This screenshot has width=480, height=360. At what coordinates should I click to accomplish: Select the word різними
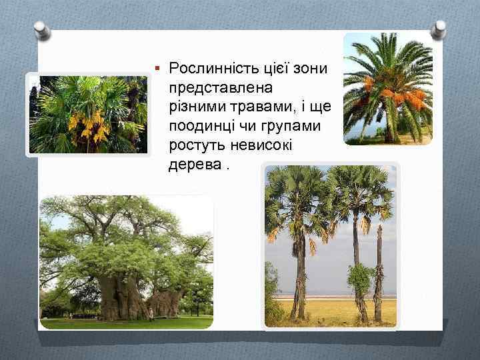tap(193, 107)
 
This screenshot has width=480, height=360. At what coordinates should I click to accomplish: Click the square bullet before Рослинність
tap(157, 68)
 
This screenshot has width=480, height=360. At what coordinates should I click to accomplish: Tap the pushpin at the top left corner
tap(42, 30)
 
